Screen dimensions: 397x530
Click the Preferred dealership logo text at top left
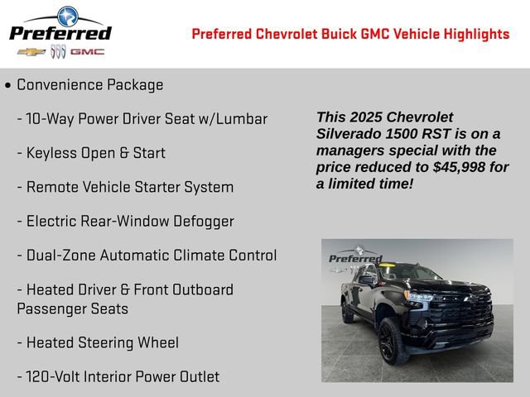(x=60, y=33)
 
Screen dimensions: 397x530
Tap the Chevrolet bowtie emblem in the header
(x=31, y=52)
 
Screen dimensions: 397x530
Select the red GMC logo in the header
(x=87, y=52)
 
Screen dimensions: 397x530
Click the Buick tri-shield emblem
(x=58, y=52)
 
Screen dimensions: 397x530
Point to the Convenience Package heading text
(x=90, y=85)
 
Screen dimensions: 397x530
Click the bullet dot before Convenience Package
(x=7, y=85)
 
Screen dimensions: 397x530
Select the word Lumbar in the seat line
(x=242, y=119)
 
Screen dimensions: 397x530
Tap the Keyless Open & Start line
(x=95, y=153)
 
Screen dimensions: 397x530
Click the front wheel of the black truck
(x=394, y=340)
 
